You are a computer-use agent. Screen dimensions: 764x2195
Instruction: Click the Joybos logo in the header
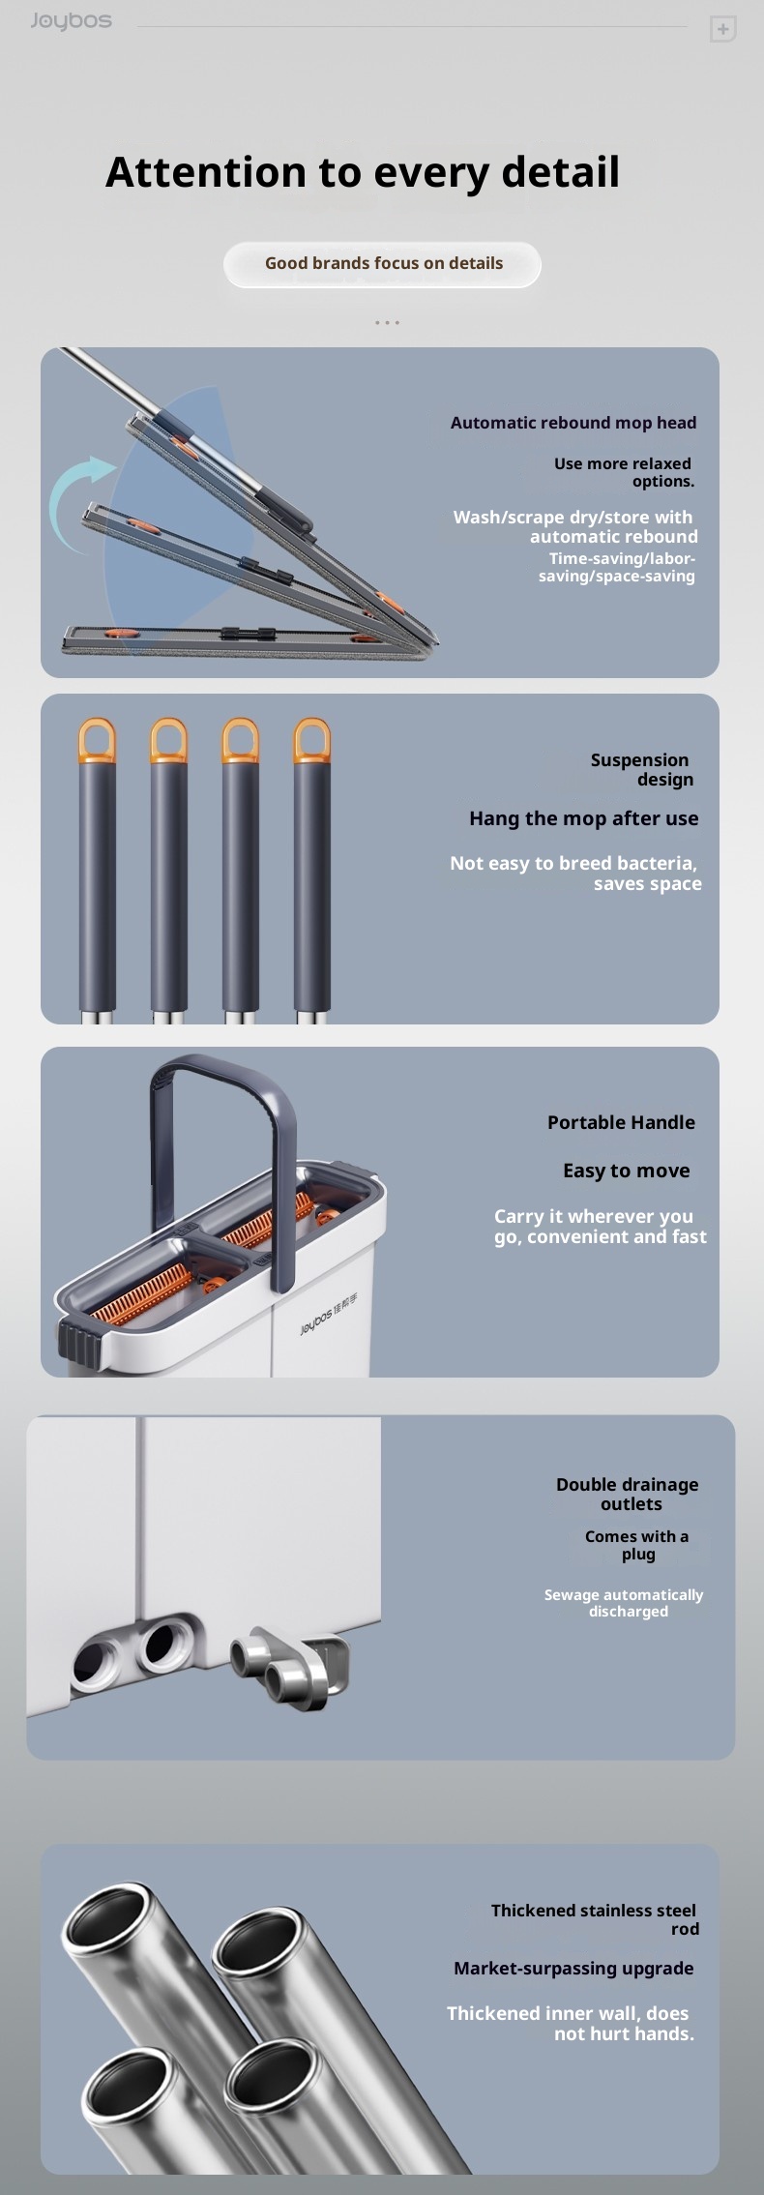click(71, 21)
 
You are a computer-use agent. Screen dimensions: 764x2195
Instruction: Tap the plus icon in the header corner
click(722, 30)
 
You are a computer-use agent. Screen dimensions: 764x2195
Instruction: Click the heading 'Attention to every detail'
click(363, 172)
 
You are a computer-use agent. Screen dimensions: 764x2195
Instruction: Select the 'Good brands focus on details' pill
click(383, 264)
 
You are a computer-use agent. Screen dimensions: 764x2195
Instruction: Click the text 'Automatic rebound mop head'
click(573, 423)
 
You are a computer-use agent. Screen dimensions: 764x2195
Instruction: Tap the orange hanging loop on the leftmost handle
click(97, 740)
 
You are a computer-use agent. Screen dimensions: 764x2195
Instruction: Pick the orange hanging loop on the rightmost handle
click(311, 740)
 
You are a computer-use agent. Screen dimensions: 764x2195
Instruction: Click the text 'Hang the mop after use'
click(584, 818)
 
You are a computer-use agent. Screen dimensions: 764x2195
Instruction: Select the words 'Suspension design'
click(641, 770)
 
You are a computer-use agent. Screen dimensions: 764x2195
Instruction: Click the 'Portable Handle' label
click(622, 1122)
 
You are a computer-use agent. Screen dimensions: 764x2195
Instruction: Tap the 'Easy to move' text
click(627, 1171)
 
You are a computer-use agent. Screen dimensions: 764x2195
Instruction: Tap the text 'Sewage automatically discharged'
click(625, 1603)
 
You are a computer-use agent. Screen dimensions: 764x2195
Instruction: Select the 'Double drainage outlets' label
click(628, 1494)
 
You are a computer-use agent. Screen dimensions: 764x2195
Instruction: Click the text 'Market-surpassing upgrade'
click(573, 1968)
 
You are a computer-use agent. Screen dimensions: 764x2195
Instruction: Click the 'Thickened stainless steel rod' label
click(595, 1919)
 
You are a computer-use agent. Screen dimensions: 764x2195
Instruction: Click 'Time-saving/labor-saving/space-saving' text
click(618, 567)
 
